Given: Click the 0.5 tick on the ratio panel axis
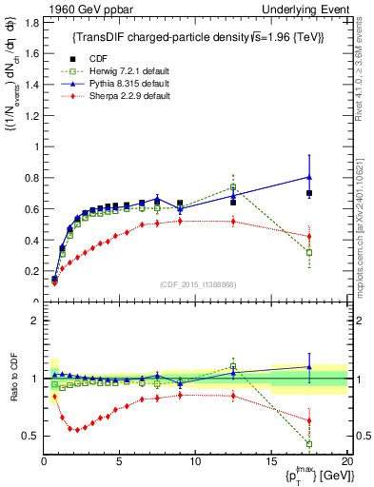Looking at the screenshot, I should [x=30, y=436].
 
